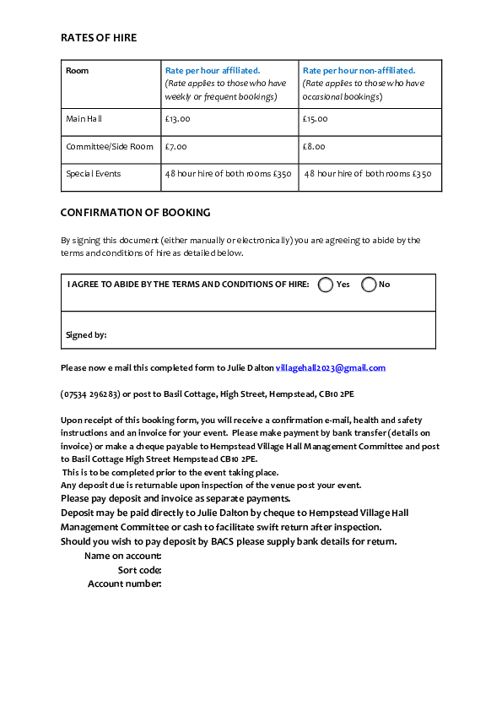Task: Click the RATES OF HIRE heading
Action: click(99, 38)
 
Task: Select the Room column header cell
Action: click(77, 71)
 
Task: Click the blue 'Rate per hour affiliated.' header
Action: click(213, 71)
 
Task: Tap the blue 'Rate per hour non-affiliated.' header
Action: click(359, 71)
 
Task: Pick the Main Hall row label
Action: click(84, 119)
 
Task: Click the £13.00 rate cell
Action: click(178, 119)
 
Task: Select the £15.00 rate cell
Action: click(316, 119)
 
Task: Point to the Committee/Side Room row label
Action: click(110, 147)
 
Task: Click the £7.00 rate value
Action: click(176, 147)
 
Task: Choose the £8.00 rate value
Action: click(314, 147)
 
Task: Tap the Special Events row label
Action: click(94, 174)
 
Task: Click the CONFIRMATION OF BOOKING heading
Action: click(135, 213)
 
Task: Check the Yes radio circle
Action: click(326, 285)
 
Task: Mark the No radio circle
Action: click(369, 285)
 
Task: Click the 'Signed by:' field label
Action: click(86, 335)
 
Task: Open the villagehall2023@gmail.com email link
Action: click(331, 368)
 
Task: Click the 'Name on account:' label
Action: click(122, 556)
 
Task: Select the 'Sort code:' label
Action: click(139, 570)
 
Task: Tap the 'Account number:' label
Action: click(124, 584)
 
